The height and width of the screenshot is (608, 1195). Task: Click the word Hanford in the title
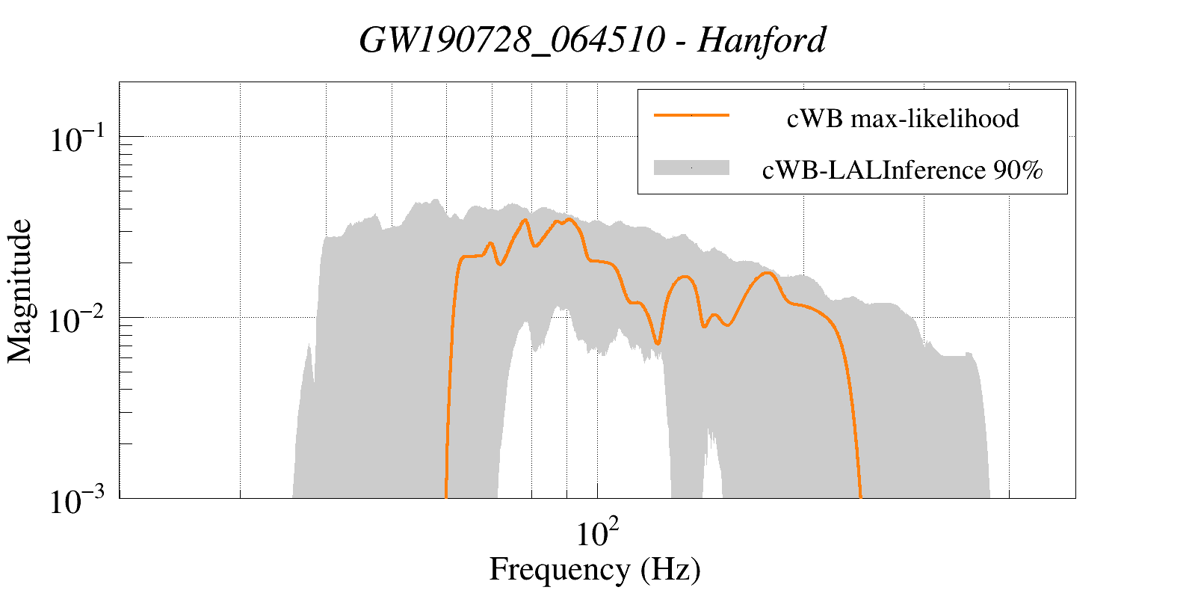[762, 40]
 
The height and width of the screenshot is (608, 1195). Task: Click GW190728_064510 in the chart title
[511, 40]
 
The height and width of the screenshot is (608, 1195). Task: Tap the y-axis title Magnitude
[20, 291]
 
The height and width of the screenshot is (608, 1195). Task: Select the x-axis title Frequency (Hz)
[595, 569]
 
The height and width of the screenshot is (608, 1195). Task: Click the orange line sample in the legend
[691, 116]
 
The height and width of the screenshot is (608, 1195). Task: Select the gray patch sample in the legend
[691, 168]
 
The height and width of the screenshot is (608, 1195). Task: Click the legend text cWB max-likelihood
[903, 118]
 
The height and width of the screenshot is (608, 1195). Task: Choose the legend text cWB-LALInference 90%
[902, 171]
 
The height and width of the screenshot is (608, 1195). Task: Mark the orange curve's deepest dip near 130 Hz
[657, 343]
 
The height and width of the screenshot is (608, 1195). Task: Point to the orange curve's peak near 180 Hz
[767, 274]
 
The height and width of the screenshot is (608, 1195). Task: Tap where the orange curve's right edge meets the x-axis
[861, 497]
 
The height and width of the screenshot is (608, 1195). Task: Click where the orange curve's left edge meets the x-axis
[446, 497]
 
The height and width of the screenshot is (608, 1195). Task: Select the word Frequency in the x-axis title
[560, 569]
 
